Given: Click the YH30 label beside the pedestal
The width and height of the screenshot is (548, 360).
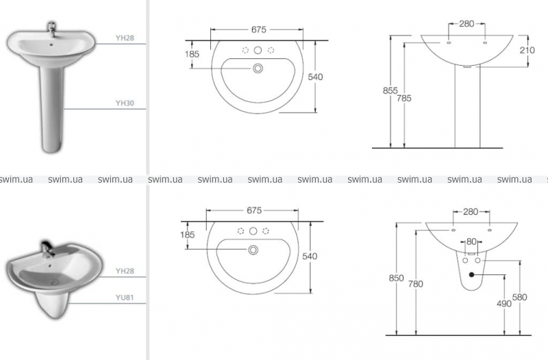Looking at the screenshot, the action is [125, 103].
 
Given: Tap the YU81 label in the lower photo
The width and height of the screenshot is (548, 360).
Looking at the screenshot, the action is [125, 298].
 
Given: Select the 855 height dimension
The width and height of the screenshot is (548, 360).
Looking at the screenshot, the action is [390, 90].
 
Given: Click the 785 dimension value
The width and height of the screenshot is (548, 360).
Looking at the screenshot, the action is [404, 99].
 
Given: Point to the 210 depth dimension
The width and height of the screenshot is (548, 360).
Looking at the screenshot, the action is [527, 50].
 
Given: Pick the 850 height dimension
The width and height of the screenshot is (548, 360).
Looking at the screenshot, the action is [397, 278].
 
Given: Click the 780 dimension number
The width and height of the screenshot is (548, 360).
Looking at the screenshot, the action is [416, 284].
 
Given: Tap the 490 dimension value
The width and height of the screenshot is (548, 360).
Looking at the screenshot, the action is [504, 304].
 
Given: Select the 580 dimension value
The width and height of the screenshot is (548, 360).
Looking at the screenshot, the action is [520, 297].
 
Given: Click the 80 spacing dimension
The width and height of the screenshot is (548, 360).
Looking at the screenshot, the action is [471, 242].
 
